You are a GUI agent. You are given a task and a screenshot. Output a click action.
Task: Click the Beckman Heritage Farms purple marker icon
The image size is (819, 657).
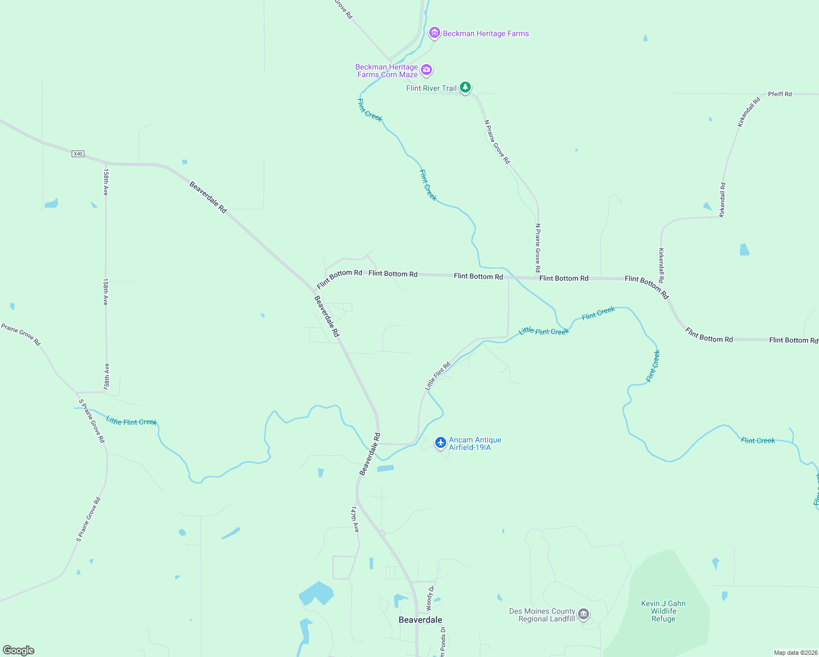pos(434,33)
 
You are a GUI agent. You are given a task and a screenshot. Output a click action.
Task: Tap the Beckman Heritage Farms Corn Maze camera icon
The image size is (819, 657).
pos(426,70)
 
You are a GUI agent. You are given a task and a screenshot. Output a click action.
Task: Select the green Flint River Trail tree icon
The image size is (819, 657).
pos(465,88)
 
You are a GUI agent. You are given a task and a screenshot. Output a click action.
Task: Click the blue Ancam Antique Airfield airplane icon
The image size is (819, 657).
pos(440,442)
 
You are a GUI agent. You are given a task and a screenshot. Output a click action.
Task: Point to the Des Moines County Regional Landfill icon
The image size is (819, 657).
pos(584,614)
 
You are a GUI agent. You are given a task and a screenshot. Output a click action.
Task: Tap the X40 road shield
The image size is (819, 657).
pos(78,154)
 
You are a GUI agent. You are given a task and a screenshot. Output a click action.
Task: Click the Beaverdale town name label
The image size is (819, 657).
pos(420,620)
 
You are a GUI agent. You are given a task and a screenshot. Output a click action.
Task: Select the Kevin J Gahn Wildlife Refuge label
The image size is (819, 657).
pos(663,611)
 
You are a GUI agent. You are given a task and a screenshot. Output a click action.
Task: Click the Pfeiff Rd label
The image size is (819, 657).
pos(780,94)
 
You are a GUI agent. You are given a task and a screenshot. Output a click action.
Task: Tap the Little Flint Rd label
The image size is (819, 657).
pos(437,376)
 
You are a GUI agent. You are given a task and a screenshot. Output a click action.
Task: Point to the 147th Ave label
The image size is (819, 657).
pos(355,519)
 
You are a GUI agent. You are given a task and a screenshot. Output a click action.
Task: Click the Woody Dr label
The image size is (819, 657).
pos(430,598)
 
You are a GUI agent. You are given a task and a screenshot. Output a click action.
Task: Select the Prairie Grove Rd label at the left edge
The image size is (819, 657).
pos(21,335)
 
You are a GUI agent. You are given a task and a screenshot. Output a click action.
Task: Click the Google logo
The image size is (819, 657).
pos(19,650)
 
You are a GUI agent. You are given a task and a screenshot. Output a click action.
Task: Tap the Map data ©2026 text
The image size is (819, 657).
pos(795,653)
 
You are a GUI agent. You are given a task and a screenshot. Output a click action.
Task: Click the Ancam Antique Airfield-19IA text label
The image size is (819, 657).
pos(475,443)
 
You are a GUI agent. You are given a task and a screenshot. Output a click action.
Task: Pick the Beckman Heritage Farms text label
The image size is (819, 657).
pos(486,33)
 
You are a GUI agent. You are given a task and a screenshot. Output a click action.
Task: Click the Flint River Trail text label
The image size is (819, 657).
pos(431,88)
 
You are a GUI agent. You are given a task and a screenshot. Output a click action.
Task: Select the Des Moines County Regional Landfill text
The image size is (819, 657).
pos(542,615)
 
